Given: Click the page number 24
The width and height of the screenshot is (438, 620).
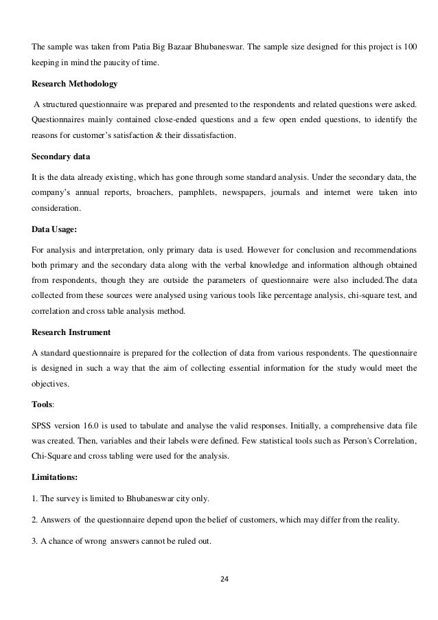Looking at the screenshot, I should coord(222,578).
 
